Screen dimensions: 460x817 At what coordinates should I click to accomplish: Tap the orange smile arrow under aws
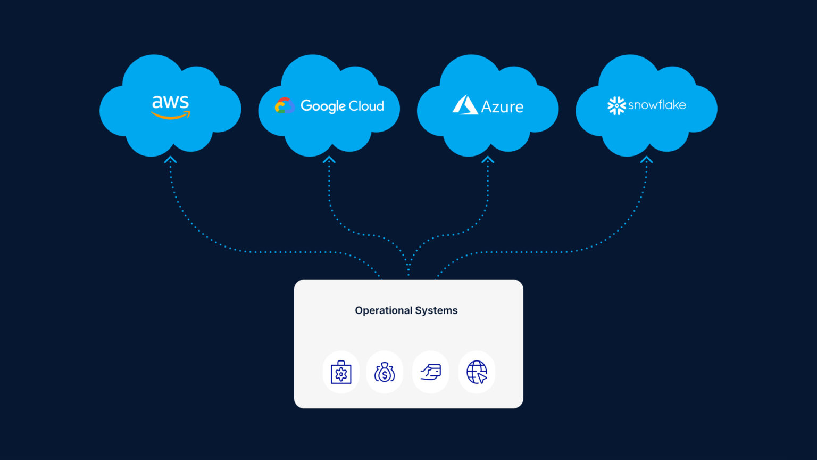(x=171, y=115)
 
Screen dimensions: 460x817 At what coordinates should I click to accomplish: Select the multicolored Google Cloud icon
(x=284, y=106)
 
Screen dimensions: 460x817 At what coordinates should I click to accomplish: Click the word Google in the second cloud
(x=323, y=106)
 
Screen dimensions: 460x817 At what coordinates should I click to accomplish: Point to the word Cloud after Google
(x=366, y=106)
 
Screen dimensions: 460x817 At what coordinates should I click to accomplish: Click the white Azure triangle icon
(x=465, y=105)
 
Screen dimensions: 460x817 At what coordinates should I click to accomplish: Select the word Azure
(x=502, y=107)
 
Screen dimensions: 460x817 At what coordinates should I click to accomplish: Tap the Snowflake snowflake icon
(x=616, y=105)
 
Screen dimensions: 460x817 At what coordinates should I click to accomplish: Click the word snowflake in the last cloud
(x=657, y=105)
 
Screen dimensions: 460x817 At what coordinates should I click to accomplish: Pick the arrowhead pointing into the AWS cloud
(x=170, y=160)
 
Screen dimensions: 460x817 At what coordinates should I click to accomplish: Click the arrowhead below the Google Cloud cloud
(x=329, y=160)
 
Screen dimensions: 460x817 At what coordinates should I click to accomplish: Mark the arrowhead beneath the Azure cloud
(x=488, y=160)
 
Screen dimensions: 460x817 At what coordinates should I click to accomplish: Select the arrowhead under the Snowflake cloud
(x=646, y=160)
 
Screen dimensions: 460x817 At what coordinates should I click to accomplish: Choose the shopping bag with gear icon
(x=341, y=372)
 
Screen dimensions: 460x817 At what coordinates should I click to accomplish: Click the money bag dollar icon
(x=385, y=372)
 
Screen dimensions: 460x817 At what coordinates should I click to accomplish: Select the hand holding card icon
(x=431, y=372)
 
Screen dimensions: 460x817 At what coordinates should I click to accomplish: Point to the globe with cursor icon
(x=477, y=372)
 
